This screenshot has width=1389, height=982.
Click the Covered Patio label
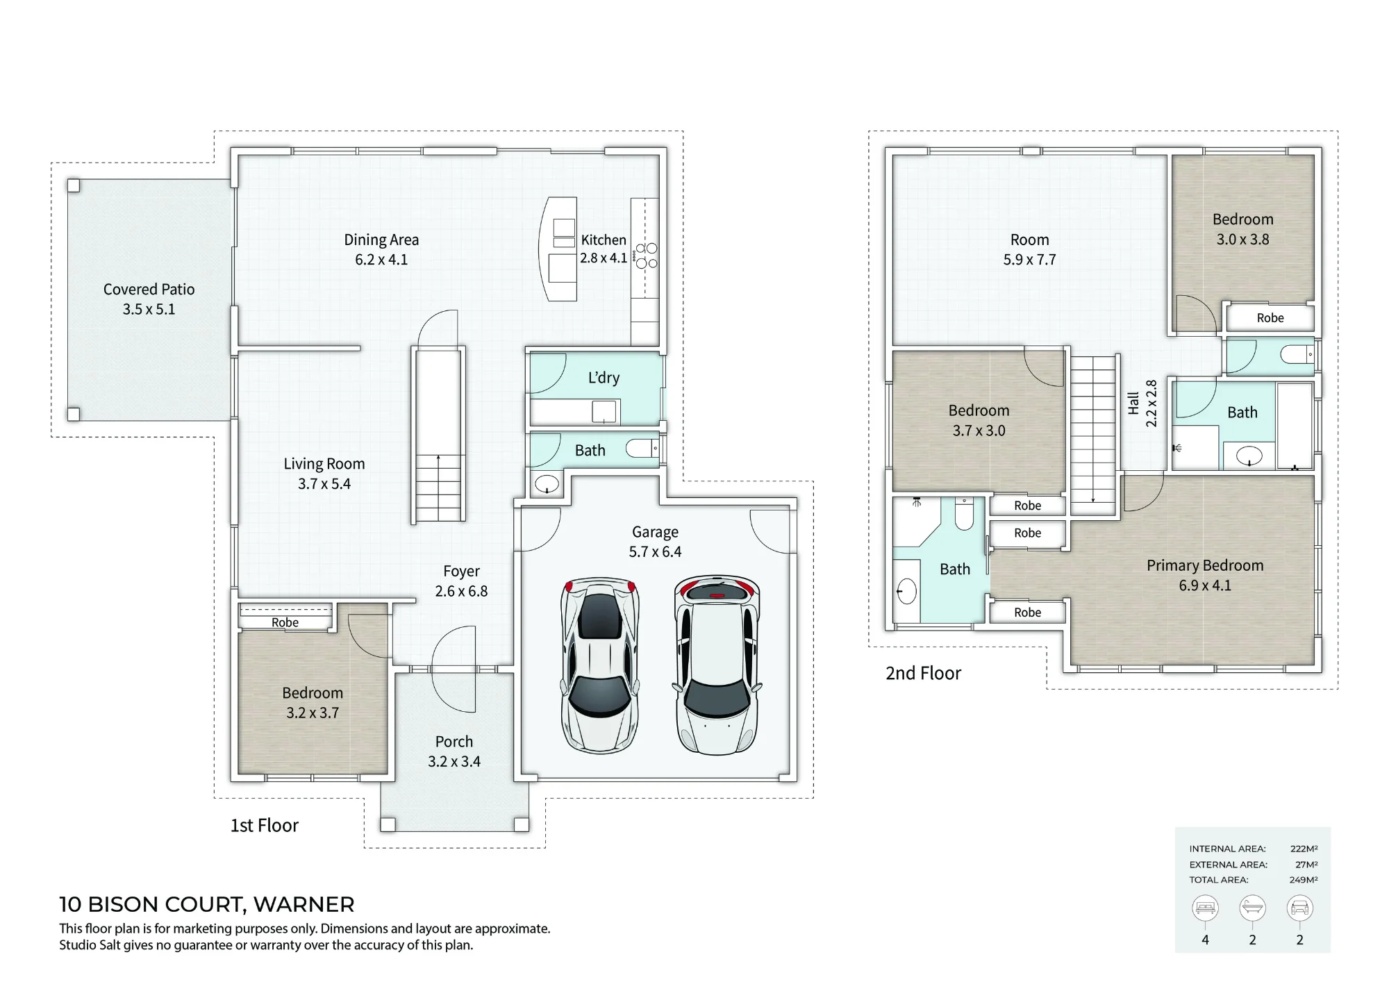(149, 289)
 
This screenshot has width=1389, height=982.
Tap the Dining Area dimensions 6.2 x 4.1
(381, 260)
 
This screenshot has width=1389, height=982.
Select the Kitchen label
(604, 240)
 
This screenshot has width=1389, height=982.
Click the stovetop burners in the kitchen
(647, 256)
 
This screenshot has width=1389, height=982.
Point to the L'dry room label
(604, 378)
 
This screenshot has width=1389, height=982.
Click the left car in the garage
(599, 665)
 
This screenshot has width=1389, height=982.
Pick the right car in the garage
(717, 665)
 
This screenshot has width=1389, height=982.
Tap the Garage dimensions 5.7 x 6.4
(655, 552)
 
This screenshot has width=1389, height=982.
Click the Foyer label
(461, 572)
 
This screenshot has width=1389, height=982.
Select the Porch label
(454, 742)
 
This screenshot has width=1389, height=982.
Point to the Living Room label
(324, 464)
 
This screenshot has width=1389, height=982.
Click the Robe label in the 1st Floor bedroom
(285, 622)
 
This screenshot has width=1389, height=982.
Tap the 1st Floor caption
(264, 825)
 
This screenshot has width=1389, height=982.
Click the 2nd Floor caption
(923, 673)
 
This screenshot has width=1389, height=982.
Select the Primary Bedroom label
(1205, 565)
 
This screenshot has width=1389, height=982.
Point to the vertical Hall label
(1133, 403)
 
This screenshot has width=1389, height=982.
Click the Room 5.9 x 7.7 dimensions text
(1029, 260)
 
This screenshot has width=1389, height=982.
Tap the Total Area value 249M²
(1304, 880)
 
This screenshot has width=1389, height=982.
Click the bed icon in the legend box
(1205, 908)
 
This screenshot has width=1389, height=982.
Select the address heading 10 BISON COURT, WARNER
(207, 904)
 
